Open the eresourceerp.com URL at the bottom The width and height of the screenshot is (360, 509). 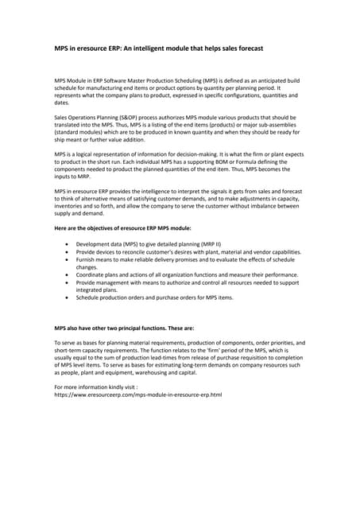tap(137, 394)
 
